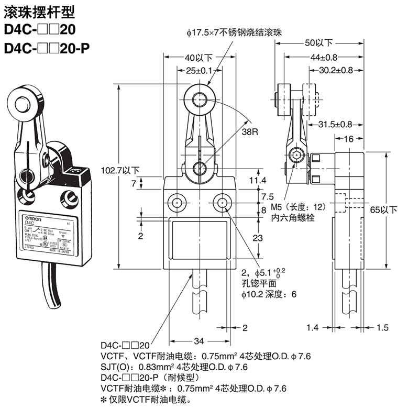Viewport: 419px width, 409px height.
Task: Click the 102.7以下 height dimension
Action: click(x=120, y=170)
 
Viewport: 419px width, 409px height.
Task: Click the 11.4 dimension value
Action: click(x=258, y=181)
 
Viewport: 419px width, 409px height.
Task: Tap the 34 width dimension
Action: click(x=199, y=341)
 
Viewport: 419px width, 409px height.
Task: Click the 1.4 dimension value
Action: click(x=312, y=328)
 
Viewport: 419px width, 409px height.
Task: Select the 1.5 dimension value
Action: click(x=383, y=328)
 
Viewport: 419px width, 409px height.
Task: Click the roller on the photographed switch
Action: click(x=21, y=100)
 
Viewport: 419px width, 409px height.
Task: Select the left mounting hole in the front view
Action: click(x=174, y=202)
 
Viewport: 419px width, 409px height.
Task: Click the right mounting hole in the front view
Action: click(x=223, y=202)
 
